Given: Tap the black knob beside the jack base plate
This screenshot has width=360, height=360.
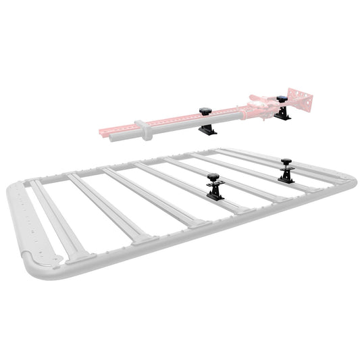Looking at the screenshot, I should click(282, 99).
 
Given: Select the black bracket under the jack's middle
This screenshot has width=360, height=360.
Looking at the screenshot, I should click(208, 129).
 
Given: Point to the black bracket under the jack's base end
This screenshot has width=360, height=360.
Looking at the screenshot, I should click(282, 115).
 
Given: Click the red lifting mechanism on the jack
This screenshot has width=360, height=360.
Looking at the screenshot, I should click(260, 105).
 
